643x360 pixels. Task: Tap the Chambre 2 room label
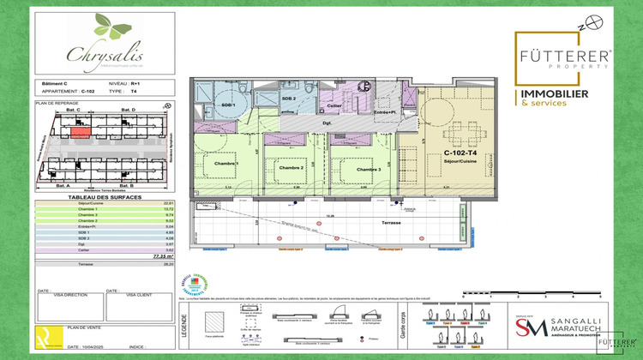tap(291, 168)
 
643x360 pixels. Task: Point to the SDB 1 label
tap(228, 105)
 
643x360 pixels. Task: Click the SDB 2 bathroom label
tap(288, 99)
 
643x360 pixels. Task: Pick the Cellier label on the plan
tap(335, 105)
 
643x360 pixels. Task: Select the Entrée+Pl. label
tap(388, 112)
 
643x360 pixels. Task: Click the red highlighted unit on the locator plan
tap(78, 131)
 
